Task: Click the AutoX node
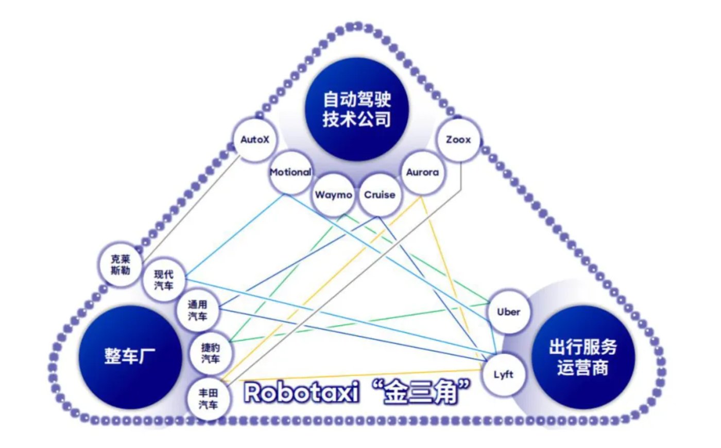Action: pos(255,139)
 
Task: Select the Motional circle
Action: pos(290,172)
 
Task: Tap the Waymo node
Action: pos(333,195)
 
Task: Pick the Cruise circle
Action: pos(380,195)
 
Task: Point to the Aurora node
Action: pos(422,172)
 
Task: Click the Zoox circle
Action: pos(458,139)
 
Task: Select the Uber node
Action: pos(508,312)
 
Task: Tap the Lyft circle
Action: pos(503,374)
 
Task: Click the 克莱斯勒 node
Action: pos(121,265)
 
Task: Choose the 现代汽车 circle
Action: pos(164,280)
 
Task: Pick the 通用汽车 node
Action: pos(197,311)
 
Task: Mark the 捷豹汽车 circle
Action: pos(211,353)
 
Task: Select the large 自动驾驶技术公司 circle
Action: pos(356,109)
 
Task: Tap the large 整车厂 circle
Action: pos(130,356)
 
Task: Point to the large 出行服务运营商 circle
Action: pos(582,357)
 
